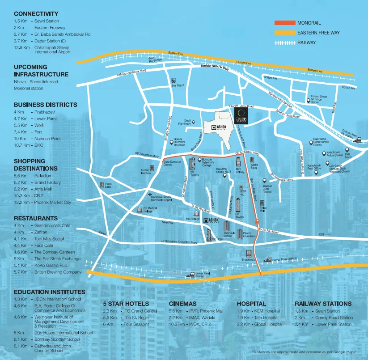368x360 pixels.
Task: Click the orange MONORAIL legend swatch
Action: click(x=284, y=23)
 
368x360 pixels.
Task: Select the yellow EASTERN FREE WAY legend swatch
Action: click(x=284, y=33)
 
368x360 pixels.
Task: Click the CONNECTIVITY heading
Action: click(x=36, y=14)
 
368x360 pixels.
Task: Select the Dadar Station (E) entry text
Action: click(x=50, y=40)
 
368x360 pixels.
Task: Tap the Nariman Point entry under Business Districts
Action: click(x=47, y=139)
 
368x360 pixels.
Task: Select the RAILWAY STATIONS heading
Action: click(x=323, y=303)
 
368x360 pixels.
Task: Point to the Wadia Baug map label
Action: click(x=254, y=167)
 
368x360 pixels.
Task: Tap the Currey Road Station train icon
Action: click(x=269, y=258)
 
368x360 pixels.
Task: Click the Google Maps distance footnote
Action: click(x=304, y=353)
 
